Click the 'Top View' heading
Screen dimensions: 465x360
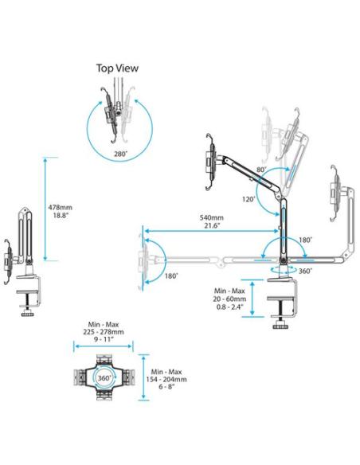pos(117,68)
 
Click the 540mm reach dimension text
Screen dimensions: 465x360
pos(212,217)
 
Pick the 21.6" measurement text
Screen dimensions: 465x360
pos(212,227)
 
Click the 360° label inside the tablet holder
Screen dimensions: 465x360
pos(104,377)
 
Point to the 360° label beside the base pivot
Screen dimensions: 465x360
pos(305,272)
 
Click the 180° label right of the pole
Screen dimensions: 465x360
pos(305,239)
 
